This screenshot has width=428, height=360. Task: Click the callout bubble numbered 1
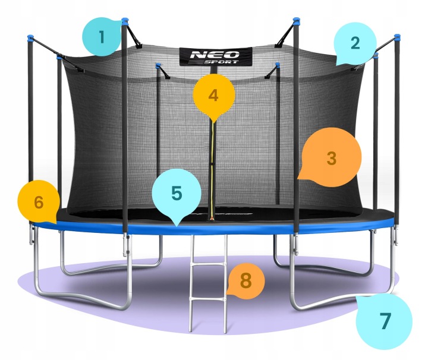[x=102, y=37]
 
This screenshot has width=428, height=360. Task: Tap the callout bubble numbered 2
[x=355, y=43]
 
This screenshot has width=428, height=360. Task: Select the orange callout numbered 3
[x=331, y=157]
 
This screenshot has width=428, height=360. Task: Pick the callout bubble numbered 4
[x=214, y=96]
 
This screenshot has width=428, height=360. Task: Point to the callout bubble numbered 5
[x=177, y=194]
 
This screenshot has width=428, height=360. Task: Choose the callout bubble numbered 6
[x=39, y=202]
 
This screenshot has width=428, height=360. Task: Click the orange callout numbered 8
[x=246, y=281]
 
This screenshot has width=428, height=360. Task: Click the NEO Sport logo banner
[x=216, y=56]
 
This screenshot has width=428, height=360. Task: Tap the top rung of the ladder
[x=208, y=264]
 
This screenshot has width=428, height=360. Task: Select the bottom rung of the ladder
[x=208, y=299]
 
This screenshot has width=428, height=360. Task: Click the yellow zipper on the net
[x=212, y=169]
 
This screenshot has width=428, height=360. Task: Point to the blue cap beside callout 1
[x=125, y=20]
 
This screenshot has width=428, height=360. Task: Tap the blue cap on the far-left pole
[x=30, y=37]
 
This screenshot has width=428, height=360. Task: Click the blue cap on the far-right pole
[x=397, y=37]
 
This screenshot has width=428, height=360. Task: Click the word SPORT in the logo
[x=221, y=62]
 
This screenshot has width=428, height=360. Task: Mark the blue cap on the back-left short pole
[x=158, y=65]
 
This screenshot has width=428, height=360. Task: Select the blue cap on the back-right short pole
[x=278, y=64]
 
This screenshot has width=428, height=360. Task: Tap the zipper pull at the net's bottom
[x=211, y=218]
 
